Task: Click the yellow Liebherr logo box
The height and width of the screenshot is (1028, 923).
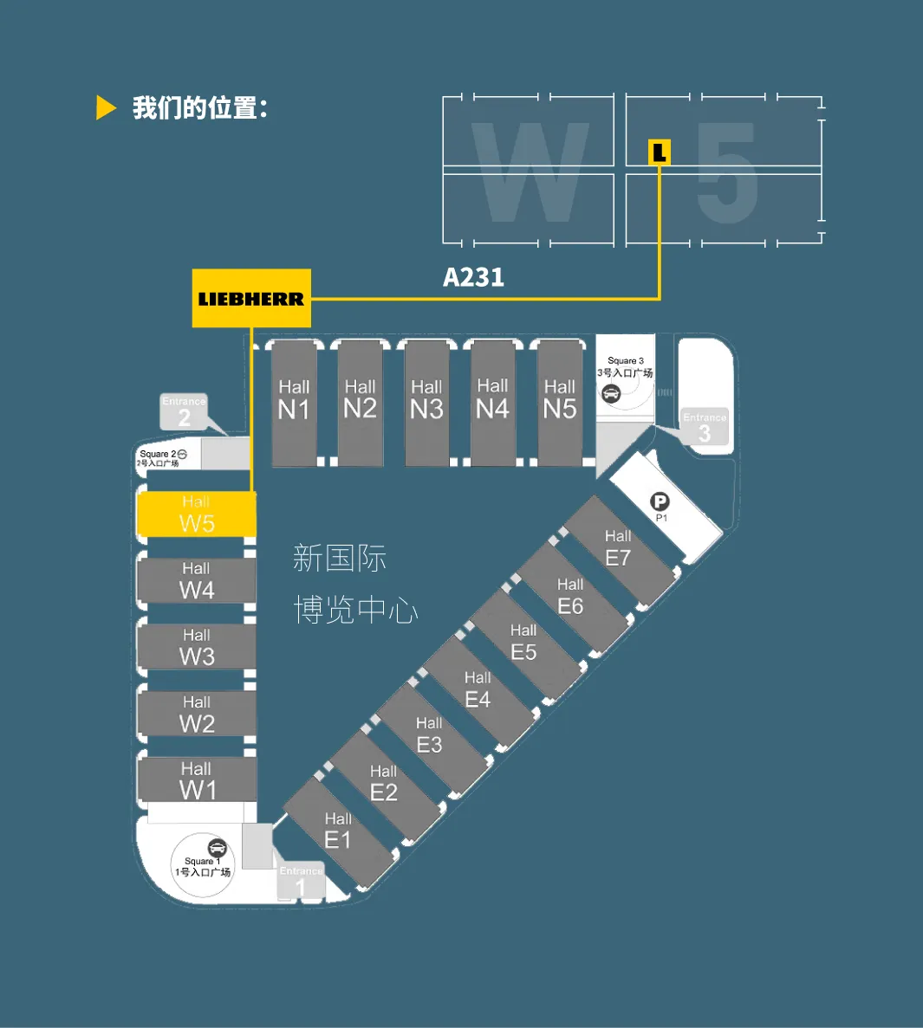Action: point(251,299)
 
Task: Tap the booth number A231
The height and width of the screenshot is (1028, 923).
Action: point(473,277)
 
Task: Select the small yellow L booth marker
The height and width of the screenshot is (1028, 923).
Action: point(660,152)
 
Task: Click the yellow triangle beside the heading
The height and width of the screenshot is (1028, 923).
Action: point(106,108)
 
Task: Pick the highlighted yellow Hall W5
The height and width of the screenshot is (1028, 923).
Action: point(197,514)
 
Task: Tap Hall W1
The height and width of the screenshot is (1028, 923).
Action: point(197,780)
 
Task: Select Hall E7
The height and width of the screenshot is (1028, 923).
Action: point(618,548)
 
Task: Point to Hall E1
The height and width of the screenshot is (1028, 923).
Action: point(338,831)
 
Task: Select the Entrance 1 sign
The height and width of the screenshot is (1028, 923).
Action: point(301,882)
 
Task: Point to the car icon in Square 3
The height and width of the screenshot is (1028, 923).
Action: point(611,393)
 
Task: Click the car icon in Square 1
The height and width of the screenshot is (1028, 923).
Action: point(217,848)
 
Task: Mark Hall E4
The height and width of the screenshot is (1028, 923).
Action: point(478,689)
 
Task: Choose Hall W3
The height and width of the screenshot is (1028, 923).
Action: point(197,647)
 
